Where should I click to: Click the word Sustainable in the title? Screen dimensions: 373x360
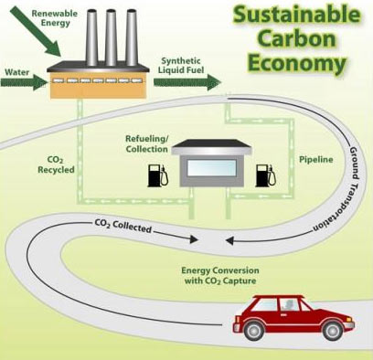297,15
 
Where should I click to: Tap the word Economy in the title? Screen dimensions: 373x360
297,63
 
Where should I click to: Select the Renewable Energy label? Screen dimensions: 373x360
55,18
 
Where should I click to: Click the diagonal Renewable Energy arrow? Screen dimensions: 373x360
35,31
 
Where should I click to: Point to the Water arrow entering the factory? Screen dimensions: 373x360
24,82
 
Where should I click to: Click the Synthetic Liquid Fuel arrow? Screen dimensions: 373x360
187,82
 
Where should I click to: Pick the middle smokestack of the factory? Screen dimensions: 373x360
111,37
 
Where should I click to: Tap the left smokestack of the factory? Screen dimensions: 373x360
91,37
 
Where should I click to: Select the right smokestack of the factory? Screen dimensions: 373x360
132,37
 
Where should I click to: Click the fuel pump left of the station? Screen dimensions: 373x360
158,175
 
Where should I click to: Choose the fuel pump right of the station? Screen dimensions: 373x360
266,175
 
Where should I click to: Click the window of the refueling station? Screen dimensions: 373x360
212,168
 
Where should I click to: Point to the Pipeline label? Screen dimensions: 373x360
316,160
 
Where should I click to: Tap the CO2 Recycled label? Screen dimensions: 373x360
56,164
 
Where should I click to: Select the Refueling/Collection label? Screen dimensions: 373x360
147,143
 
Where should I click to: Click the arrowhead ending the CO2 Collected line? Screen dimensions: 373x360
194,239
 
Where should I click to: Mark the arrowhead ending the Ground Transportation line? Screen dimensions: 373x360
229,241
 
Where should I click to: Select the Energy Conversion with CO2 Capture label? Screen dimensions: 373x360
220,276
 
